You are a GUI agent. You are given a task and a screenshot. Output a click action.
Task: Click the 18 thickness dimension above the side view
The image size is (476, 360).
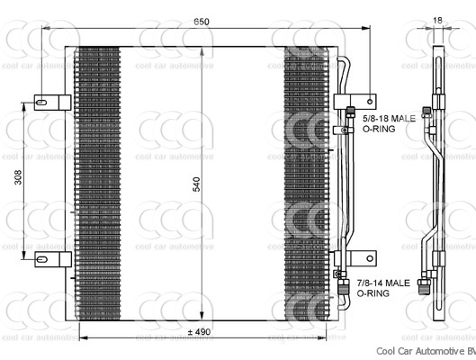pyautogui.click(x=436, y=21)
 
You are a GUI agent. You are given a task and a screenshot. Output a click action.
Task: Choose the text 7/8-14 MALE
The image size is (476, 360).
pyautogui.click(x=386, y=283)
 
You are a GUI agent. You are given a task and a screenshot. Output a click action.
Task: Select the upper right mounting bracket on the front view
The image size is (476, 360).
pyautogui.click(x=349, y=102)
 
